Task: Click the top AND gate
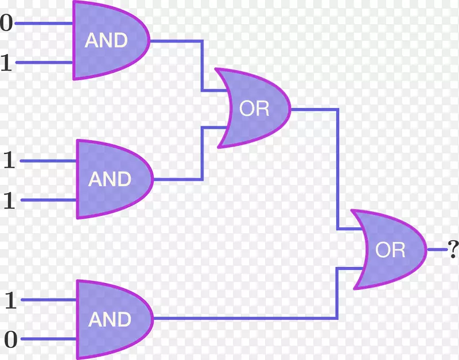[109, 40]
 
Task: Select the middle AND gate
[112, 179]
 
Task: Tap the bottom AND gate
[112, 319]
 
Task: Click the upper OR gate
[252, 108]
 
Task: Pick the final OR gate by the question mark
[388, 250]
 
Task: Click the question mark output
[453, 249]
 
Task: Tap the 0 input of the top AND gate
[6, 24]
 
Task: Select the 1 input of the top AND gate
[6, 63]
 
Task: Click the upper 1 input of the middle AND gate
[9, 161]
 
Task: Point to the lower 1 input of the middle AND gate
[9, 200]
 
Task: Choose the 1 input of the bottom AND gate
[10, 300]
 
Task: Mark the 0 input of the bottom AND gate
[10, 339]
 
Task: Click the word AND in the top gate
[106, 40]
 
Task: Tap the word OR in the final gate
[390, 250]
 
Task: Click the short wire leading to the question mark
[437, 249]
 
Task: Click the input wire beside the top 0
[44, 24]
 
